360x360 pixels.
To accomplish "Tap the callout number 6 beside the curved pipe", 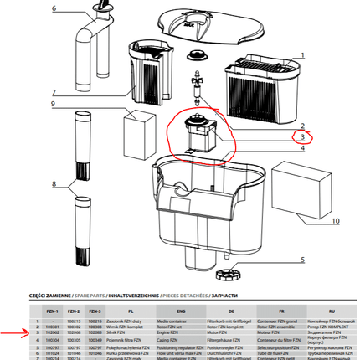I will click(54, 9).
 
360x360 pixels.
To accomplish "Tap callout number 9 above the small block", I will click(52, 105).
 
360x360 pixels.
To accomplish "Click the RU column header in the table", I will click(327, 311).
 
